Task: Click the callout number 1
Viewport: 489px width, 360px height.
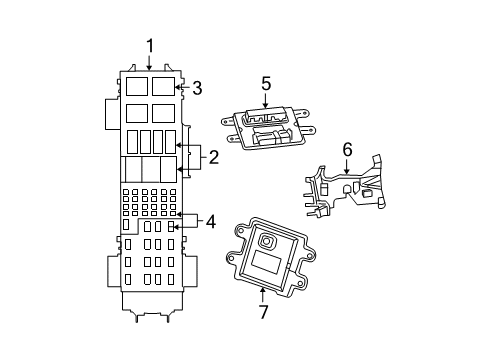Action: (x=150, y=45)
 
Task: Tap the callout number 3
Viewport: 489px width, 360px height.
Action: (x=197, y=88)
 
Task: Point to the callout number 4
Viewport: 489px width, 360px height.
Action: (x=210, y=221)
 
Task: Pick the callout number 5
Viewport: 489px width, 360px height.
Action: (x=266, y=84)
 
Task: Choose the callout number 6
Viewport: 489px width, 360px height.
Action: (x=347, y=149)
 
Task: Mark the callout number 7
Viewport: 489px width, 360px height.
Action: (x=264, y=312)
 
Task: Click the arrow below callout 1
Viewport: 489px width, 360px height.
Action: (x=150, y=63)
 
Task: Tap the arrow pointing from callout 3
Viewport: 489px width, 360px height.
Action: (x=180, y=88)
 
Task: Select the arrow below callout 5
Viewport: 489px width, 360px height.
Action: (x=266, y=102)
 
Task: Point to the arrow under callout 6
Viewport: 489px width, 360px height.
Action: (x=347, y=167)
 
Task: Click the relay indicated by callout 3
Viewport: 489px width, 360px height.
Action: (x=165, y=86)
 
